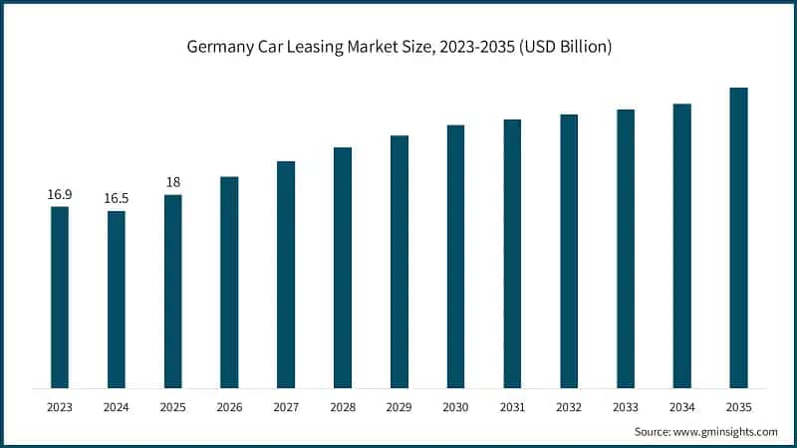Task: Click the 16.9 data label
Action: click(60, 194)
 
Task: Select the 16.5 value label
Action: click(117, 199)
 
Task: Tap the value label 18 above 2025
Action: click(173, 182)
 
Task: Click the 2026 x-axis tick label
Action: click(229, 406)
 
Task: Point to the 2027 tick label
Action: click(286, 406)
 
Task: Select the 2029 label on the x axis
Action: click(398, 406)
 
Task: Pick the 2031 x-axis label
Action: click(512, 406)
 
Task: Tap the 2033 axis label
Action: click(625, 406)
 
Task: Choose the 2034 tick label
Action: click(681, 406)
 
